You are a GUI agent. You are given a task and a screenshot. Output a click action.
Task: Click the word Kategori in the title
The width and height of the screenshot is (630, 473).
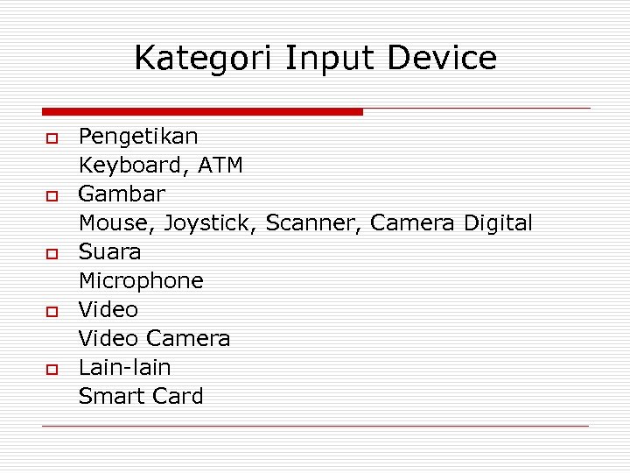coord(205,60)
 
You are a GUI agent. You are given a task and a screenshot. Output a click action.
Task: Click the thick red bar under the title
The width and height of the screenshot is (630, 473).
coord(202,111)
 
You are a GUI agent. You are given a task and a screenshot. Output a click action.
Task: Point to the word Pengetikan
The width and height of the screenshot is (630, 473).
coord(138,137)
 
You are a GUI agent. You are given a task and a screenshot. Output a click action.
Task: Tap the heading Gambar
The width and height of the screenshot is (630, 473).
coord(122,194)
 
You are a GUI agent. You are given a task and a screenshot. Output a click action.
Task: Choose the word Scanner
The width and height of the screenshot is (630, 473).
coord(313,223)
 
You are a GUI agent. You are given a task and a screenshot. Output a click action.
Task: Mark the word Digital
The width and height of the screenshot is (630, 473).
coord(497,223)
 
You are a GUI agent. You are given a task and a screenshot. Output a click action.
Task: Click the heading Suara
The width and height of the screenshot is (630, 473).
coord(109,251)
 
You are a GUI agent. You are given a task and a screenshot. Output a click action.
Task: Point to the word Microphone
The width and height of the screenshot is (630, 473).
coord(141,281)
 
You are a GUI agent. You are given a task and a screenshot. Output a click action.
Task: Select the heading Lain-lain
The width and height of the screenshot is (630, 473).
coord(124,367)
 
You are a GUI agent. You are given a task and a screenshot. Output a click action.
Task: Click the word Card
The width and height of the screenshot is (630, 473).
coord(178,396)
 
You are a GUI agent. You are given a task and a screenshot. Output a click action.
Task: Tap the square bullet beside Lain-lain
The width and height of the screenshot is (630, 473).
coord(52,369)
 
